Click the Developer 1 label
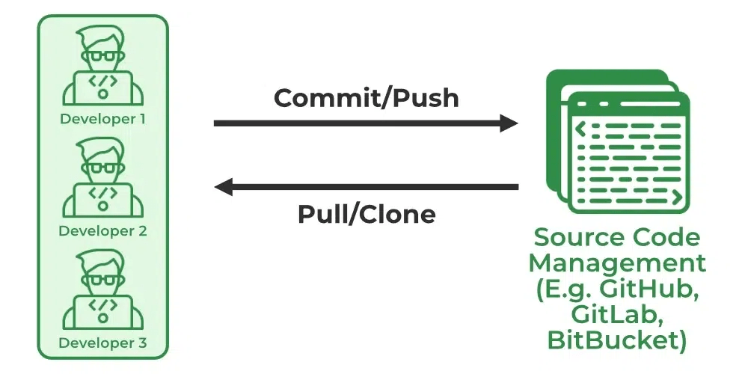tap(102, 119)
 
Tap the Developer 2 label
tap(102, 231)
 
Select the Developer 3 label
tap(102, 343)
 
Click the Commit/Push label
tap(366, 98)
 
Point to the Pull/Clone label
tap(367, 214)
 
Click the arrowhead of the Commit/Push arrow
tap(509, 123)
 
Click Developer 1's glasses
tap(102, 56)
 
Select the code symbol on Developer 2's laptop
tap(102, 192)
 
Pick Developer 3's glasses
tap(102, 280)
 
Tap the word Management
tap(617, 263)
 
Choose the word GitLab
tap(617, 315)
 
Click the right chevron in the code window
tap(676, 196)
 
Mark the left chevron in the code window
tap(580, 129)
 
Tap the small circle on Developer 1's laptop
tap(102, 94)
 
